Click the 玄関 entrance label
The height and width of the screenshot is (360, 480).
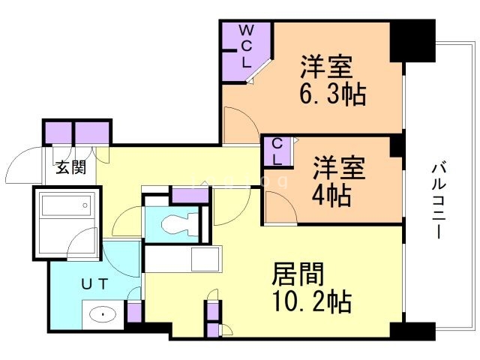[x=68, y=166]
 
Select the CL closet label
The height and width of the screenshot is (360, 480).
[x=277, y=151]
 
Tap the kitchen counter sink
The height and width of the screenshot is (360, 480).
[x=203, y=259]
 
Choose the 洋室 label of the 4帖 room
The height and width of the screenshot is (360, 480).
[x=338, y=167]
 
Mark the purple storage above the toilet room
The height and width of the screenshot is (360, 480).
[x=190, y=194]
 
